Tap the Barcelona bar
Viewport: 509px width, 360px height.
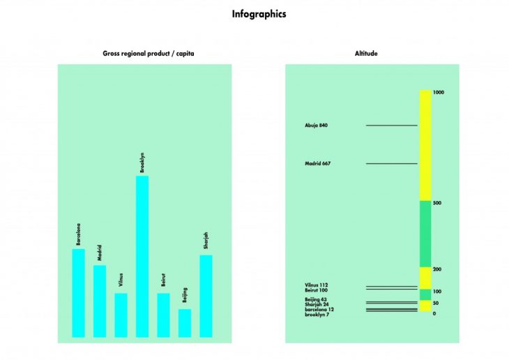coord(78,293)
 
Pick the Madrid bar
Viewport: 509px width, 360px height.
coord(100,301)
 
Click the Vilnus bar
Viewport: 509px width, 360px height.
coord(121,315)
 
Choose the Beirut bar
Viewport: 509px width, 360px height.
coord(163,315)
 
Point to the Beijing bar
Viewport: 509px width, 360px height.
coord(185,323)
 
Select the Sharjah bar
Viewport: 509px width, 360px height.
coord(206,296)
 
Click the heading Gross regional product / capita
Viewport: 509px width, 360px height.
coord(144,54)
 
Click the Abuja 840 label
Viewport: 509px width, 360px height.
coord(316,126)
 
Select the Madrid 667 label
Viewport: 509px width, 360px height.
coord(317,164)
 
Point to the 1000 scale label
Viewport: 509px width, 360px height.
coord(439,92)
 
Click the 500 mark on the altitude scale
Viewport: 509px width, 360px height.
coord(437,203)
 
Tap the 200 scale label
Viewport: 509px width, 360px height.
coord(437,269)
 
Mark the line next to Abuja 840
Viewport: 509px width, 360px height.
coord(391,126)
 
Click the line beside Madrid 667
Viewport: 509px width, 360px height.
coord(391,164)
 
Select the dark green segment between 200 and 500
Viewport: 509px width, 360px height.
coord(425,234)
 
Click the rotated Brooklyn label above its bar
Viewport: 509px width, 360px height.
coord(142,162)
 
